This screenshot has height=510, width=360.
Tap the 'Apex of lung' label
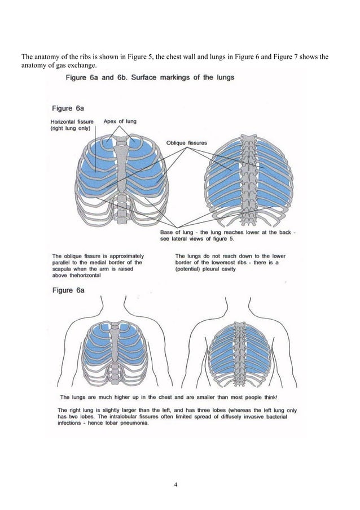point(120,121)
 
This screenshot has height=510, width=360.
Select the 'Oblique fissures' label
point(186,143)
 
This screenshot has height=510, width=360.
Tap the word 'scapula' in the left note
point(64,269)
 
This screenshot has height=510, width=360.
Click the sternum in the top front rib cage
point(120,169)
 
